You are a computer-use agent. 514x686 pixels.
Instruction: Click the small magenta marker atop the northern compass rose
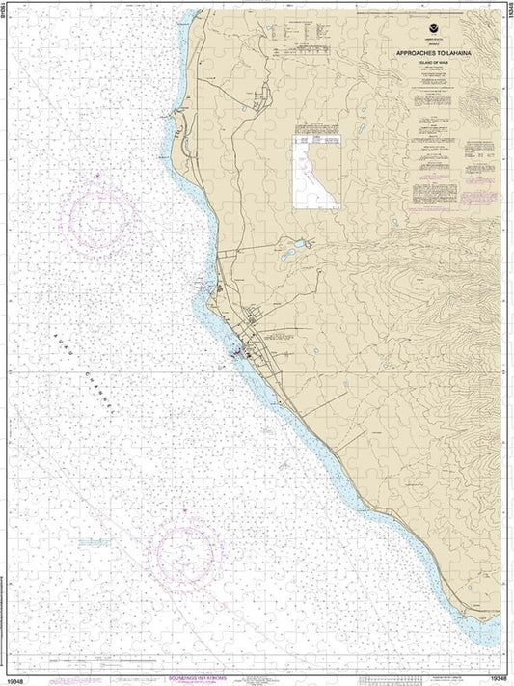tap(95, 175)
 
